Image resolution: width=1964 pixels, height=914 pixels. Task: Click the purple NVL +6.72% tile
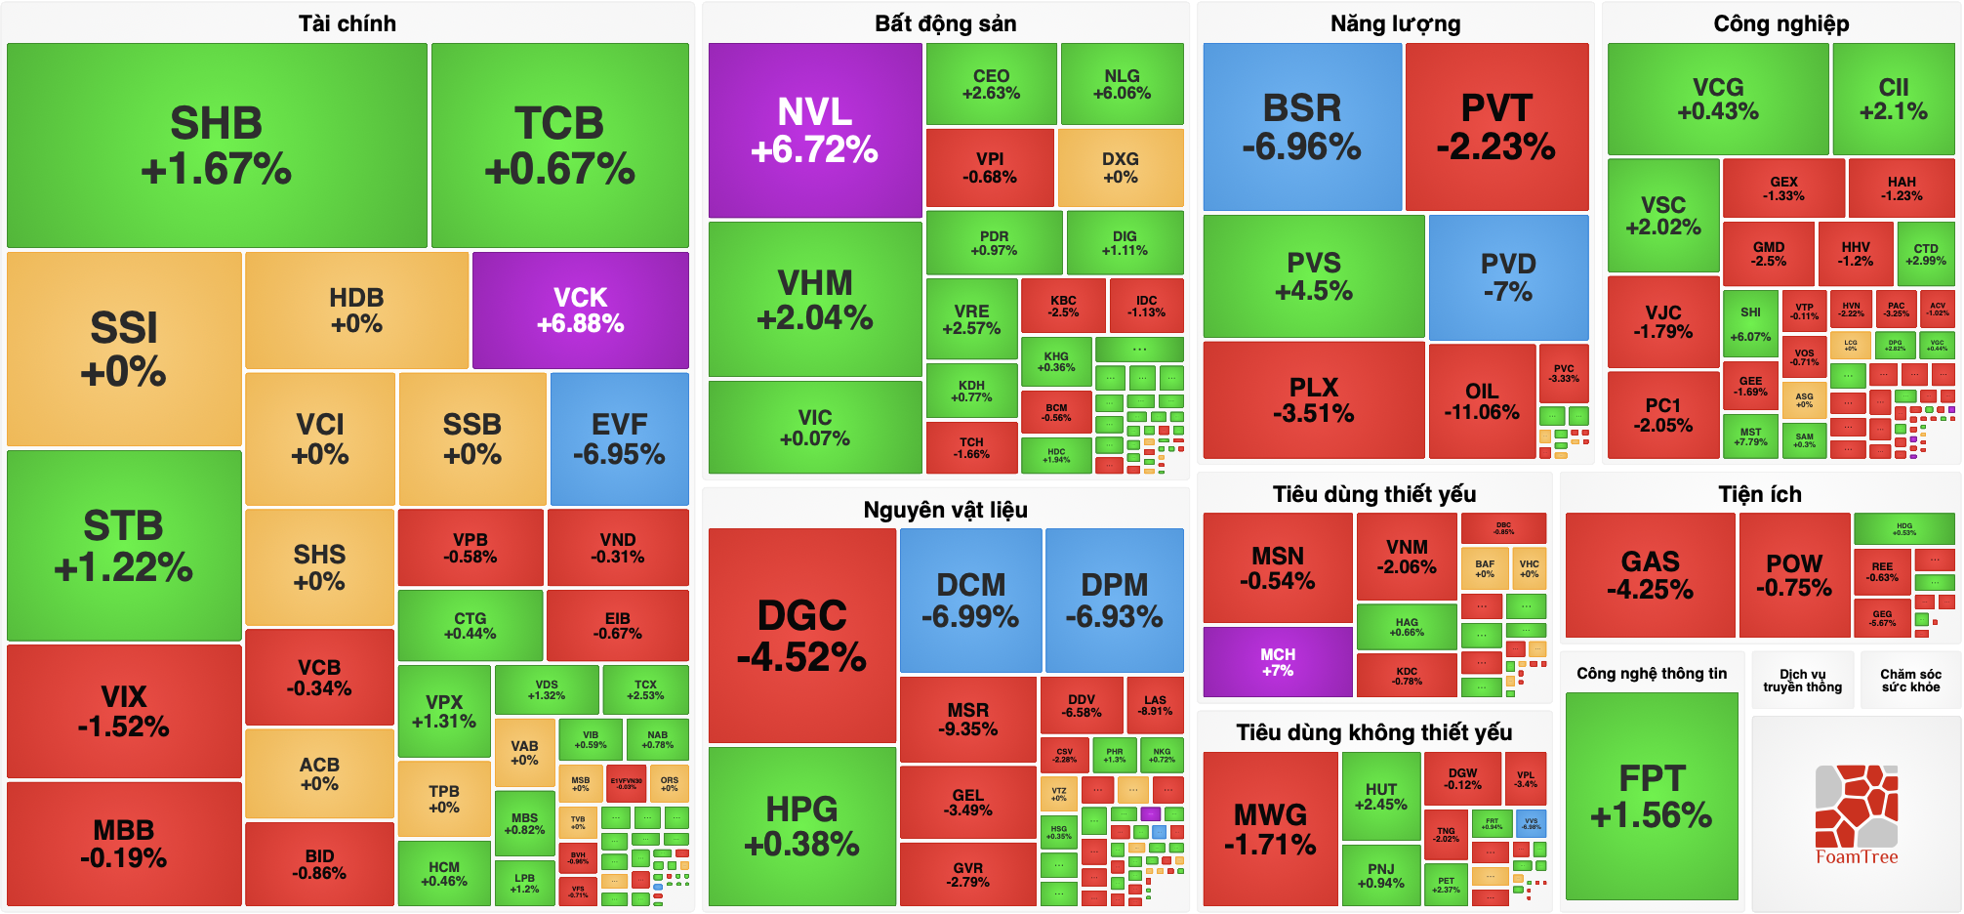pyautogui.click(x=814, y=130)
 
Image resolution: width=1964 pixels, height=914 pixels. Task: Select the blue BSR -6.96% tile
pyautogui.click(x=1301, y=127)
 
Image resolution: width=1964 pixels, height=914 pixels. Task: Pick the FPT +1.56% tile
pyautogui.click(x=1651, y=796)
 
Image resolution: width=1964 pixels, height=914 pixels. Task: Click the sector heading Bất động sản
pyautogui.click(x=945, y=23)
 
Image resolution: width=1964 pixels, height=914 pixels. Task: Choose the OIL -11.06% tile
pyautogui.click(x=1481, y=400)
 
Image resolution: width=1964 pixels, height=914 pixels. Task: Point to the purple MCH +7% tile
pyautogui.click(x=1277, y=662)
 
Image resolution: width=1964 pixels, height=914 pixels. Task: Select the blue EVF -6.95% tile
pyautogui.click(x=619, y=438)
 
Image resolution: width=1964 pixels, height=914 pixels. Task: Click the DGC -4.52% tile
pyautogui.click(x=801, y=635)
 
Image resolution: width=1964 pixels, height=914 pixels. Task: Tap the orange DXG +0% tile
pyautogui.click(x=1120, y=167)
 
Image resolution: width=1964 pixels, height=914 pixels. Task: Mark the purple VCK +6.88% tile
pyautogui.click(x=580, y=310)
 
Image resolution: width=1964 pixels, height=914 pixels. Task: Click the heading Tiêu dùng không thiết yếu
pyautogui.click(x=1373, y=732)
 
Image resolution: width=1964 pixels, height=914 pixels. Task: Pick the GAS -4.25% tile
pyautogui.click(x=1650, y=574)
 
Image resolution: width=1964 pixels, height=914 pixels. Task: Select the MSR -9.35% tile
pyautogui.click(x=967, y=719)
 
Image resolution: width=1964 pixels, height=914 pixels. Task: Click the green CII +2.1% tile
pyautogui.click(x=1893, y=99)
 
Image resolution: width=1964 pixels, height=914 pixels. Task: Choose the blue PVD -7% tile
pyautogui.click(x=1507, y=277)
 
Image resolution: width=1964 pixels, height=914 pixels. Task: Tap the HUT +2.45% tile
pyautogui.click(x=1380, y=796)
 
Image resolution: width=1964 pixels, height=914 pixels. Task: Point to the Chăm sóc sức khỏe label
pyautogui.click(x=1910, y=681)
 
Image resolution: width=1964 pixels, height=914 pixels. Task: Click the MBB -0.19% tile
pyautogui.click(x=123, y=843)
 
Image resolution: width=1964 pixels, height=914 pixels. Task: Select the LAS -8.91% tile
pyautogui.click(x=1155, y=705)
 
